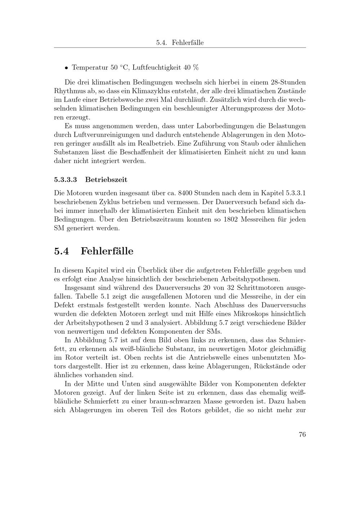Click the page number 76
tap(302, 434)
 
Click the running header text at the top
tap(180, 42)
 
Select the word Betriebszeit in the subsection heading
tap(106, 179)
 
